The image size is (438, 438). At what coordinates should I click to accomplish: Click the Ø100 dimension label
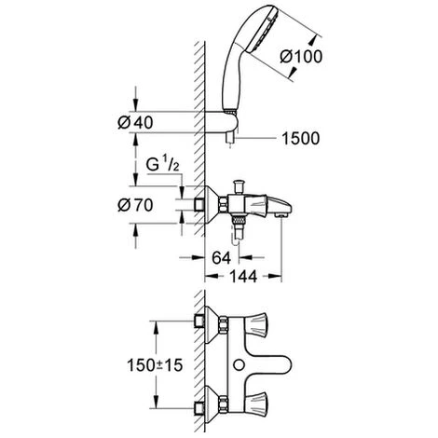pyautogui.click(x=301, y=57)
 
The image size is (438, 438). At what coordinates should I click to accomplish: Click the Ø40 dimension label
pyautogui.click(x=135, y=123)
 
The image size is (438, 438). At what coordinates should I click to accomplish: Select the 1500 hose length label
pyautogui.click(x=300, y=139)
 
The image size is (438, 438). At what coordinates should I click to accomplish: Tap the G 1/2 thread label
pyautogui.click(x=162, y=165)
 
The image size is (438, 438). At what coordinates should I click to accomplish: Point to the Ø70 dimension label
pyautogui.click(x=135, y=205)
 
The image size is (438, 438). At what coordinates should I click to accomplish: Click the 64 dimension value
pyautogui.click(x=222, y=257)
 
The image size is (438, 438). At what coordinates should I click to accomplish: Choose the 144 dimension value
pyautogui.click(x=243, y=276)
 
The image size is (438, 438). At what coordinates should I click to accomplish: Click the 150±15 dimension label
pyautogui.click(x=155, y=365)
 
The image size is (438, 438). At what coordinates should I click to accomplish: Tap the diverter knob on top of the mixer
pyautogui.click(x=240, y=186)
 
